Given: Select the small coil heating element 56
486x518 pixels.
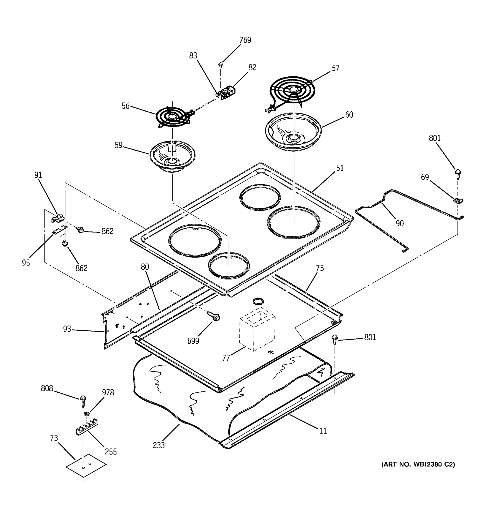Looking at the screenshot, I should click(172, 117).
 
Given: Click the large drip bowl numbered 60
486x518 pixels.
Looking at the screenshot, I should click(293, 132).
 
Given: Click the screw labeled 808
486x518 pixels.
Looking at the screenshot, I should click(83, 401).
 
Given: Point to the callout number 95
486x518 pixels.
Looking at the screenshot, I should click(26, 263).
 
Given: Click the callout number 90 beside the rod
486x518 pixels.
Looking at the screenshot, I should click(399, 224).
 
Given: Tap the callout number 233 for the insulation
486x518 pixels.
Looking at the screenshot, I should click(159, 445).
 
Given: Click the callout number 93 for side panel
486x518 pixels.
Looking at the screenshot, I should click(67, 329).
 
